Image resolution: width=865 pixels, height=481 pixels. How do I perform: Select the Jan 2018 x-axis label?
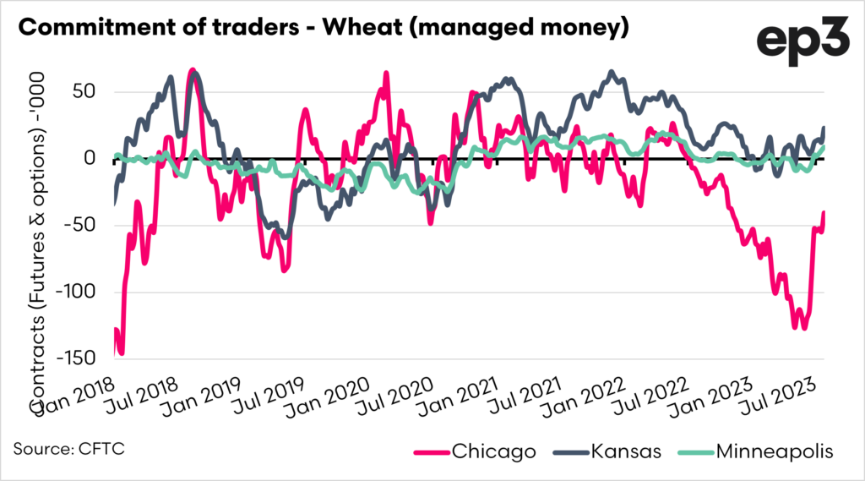72,391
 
